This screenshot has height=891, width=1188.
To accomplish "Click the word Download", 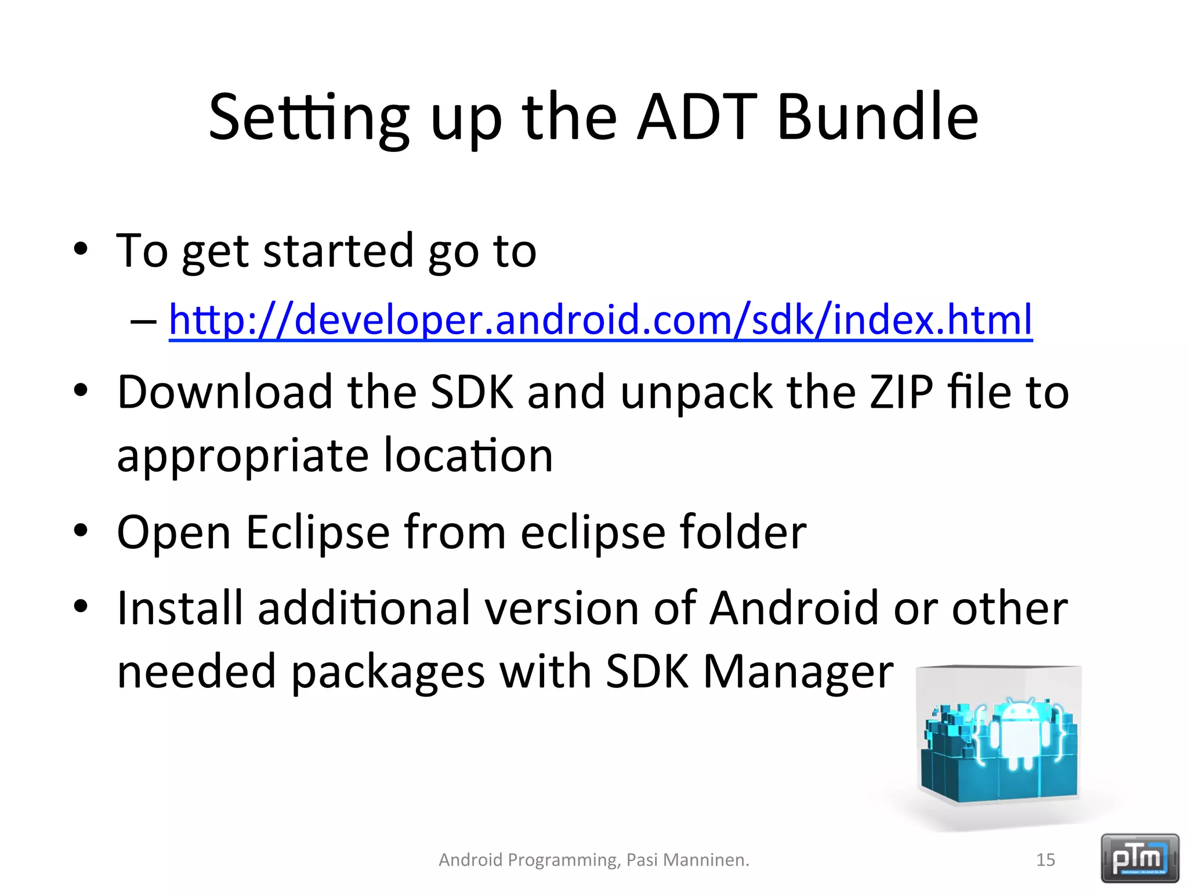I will pos(224,392).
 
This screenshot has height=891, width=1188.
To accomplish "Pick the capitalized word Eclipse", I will pos(317,533).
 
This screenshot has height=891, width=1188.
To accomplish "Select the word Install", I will pos(180,608).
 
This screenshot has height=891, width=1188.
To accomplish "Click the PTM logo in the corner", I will pos(1139,857).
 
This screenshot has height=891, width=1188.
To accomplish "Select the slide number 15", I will pos(1045,860).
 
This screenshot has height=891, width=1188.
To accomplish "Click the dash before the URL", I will pos(143,321).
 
